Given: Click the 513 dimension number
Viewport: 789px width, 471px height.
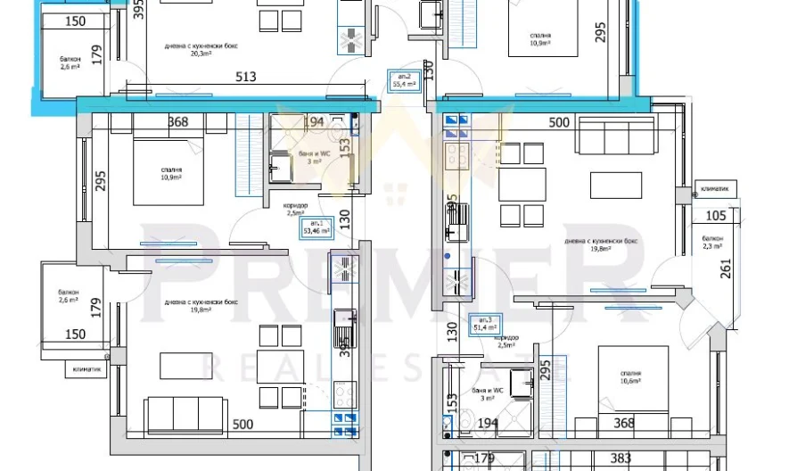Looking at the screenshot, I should (245, 78).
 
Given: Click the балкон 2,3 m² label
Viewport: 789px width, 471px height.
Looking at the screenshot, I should (711, 242).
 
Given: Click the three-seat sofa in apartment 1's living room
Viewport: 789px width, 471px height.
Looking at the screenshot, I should (184, 415).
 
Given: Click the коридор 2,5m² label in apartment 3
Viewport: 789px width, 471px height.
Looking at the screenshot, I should (506, 343).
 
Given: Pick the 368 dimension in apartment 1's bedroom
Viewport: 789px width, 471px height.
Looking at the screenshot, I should (178, 122).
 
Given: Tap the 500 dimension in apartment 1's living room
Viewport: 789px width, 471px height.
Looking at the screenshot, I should (242, 425).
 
